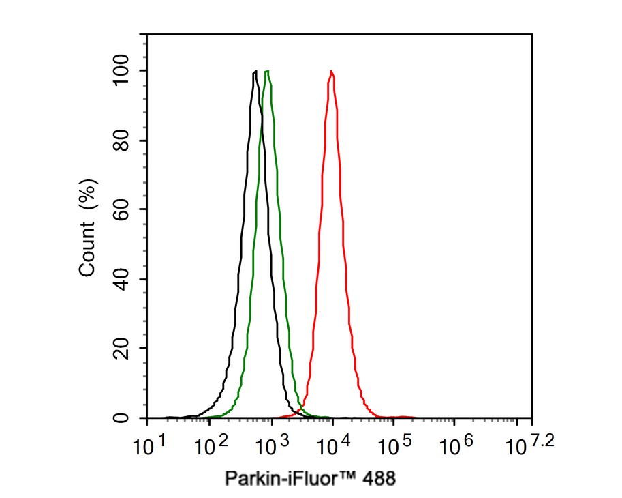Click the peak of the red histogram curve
pos(331,71)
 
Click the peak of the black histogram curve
pos(255,71)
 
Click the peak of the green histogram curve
pos(268,71)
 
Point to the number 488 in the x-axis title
pos(377,478)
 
